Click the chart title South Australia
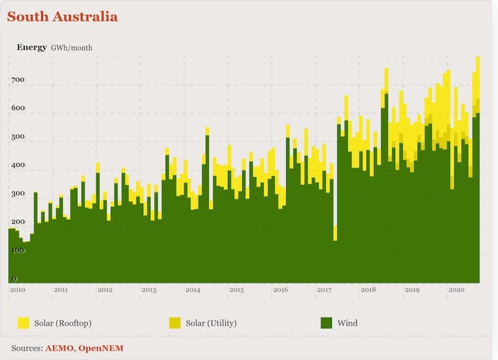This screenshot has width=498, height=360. (62, 17)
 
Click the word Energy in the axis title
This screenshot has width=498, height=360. (32, 47)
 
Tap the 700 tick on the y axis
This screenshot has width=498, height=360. (17, 80)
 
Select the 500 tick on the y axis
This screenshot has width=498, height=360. (17, 137)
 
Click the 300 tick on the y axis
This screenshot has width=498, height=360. (17, 194)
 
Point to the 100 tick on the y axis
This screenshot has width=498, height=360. (17, 250)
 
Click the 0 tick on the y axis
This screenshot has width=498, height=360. (14, 278)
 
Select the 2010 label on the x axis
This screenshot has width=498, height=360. (17, 290)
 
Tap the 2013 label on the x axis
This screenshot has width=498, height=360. (149, 290)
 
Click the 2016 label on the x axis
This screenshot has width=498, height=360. (281, 290)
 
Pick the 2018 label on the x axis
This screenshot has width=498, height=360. (369, 290)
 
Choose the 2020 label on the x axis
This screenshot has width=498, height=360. (456, 290)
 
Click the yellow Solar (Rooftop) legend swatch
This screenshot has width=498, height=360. (24, 323)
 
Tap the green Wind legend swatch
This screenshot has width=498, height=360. (326, 323)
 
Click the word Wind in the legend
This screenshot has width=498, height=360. (347, 323)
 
